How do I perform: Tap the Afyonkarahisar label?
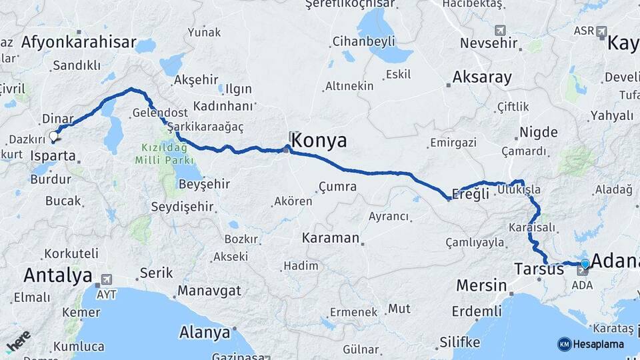coord(79,43)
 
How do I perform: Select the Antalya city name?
coord(58,275)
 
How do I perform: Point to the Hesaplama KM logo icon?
coord(564,344)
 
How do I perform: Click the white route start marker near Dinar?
coord(53,137)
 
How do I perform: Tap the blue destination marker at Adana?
coord(585,264)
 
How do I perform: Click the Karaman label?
coord(331,238)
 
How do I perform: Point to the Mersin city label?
coord(481,285)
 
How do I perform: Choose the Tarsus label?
coord(539,269)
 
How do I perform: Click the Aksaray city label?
coord(482,77)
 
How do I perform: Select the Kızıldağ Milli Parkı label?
coord(164,154)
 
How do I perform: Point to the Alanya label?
coord(204,331)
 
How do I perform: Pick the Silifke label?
coord(459,342)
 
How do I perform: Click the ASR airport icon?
coord(602,31)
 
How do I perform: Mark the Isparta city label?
coord(53,156)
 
